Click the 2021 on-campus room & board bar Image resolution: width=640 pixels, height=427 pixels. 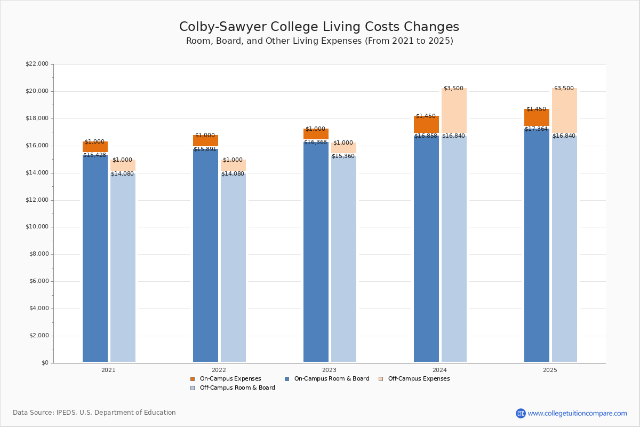coord(95,259)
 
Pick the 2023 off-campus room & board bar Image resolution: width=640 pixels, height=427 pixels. coord(343,259)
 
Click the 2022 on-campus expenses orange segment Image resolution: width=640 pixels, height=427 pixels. coord(205,141)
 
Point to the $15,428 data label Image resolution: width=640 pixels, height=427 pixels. coord(94,155)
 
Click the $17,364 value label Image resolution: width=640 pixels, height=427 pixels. coord(536,129)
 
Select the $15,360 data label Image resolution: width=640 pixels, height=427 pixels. coord(343,156)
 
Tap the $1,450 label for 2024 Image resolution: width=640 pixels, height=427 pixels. coord(426,116)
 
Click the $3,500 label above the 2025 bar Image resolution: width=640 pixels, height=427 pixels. coord(564,89)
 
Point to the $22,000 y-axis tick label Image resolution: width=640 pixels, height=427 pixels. coord(37,64)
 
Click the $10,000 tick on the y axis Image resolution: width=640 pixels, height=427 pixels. coord(37,227)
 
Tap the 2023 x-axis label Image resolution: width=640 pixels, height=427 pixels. coord(329,370)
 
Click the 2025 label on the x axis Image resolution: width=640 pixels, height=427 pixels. coord(550,370)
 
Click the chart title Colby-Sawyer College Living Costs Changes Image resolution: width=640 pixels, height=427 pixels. coord(319,27)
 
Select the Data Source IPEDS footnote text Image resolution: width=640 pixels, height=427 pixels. coord(94,413)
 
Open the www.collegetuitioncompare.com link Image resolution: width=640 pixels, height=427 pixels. coord(577,414)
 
